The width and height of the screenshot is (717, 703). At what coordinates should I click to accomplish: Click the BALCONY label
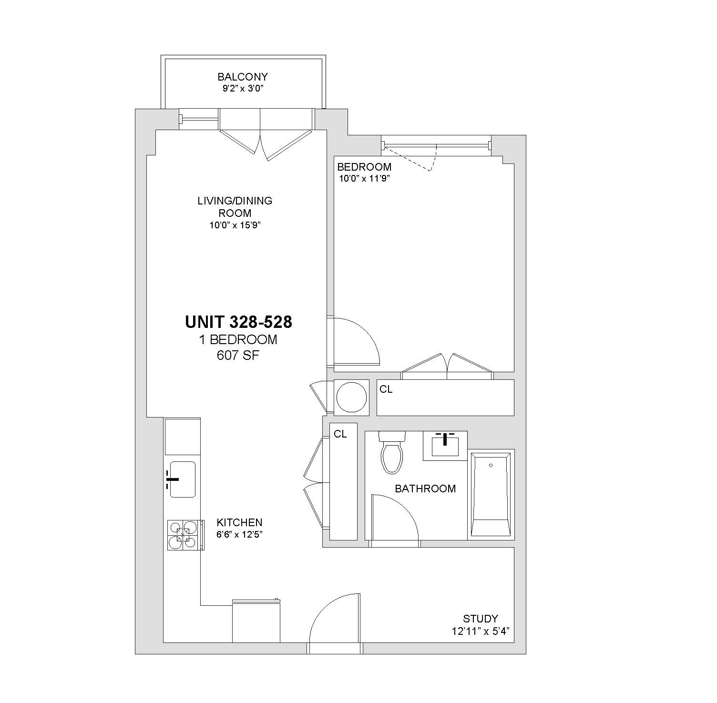243,77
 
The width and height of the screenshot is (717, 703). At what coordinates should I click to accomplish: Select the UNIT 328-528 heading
238,322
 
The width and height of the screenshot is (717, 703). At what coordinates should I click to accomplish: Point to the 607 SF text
238,356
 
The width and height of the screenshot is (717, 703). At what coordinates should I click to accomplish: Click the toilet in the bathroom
392,452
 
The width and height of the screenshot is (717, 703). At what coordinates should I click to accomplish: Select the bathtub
491,494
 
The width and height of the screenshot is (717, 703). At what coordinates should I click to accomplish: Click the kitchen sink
182,479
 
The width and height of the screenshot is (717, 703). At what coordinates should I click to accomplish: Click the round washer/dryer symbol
352,397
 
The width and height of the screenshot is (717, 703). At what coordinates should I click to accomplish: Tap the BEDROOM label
364,167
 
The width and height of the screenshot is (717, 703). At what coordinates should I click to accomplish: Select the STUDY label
481,619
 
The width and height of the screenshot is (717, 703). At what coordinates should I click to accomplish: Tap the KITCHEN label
239,522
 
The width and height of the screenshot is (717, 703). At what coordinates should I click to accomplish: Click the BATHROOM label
425,489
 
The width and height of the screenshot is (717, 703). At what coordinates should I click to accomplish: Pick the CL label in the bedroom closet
386,389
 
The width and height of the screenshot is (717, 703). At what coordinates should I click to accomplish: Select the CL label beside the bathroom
340,434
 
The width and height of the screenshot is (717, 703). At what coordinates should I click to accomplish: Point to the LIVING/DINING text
235,201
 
